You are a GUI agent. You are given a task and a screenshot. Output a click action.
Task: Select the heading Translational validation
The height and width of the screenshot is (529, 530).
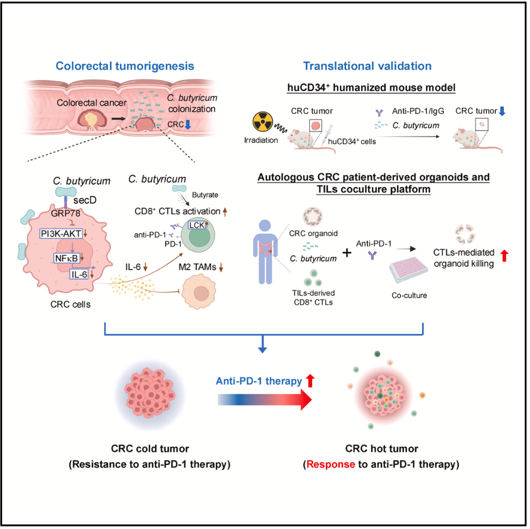point(367,66)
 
